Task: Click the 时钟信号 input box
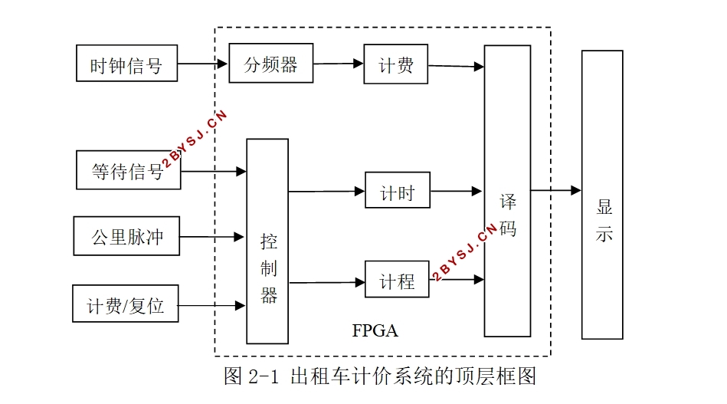tap(127, 64)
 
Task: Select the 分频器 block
tap(271, 64)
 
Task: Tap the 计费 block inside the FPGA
tap(396, 64)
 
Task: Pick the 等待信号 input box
tap(128, 170)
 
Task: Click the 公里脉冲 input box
tap(126, 236)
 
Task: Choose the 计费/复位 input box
tap(126, 304)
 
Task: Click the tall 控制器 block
tap(267, 241)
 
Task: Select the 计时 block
tap(397, 192)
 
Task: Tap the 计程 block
tap(397, 281)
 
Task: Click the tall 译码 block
tap(507, 191)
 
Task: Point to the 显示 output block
tap(602, 195)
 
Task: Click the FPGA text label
tap(375, 331)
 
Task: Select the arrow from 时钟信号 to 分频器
tap(204, 64)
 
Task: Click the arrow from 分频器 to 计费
tap(339, 64)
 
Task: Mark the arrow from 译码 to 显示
tap(556, 190)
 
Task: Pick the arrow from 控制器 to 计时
tap(326, 192)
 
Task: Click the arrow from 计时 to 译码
tap(457, 191)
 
